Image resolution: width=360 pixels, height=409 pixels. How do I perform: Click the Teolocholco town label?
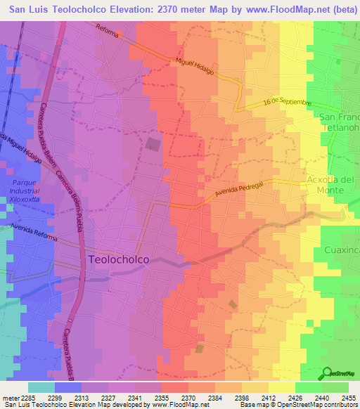pyautogui.click(x=119, y=259)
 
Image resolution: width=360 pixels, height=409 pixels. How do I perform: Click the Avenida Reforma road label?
pyautogui.click(x=33, y=232)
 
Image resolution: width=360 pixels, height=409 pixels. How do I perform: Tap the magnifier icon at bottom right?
pyautogui.click(x=327, y=373)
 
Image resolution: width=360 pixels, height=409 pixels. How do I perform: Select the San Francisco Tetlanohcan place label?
pyautogui.click(x=339, y=123)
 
